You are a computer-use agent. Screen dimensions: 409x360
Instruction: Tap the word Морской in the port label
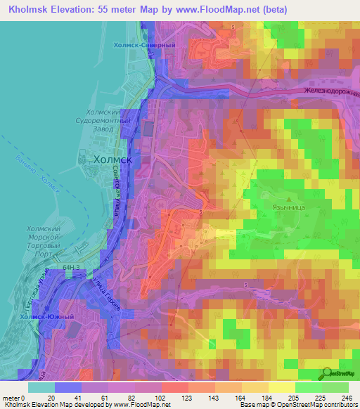(44, 238)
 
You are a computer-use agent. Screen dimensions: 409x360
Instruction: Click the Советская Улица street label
(117, 197)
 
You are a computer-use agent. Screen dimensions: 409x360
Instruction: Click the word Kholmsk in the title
(30, 8)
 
